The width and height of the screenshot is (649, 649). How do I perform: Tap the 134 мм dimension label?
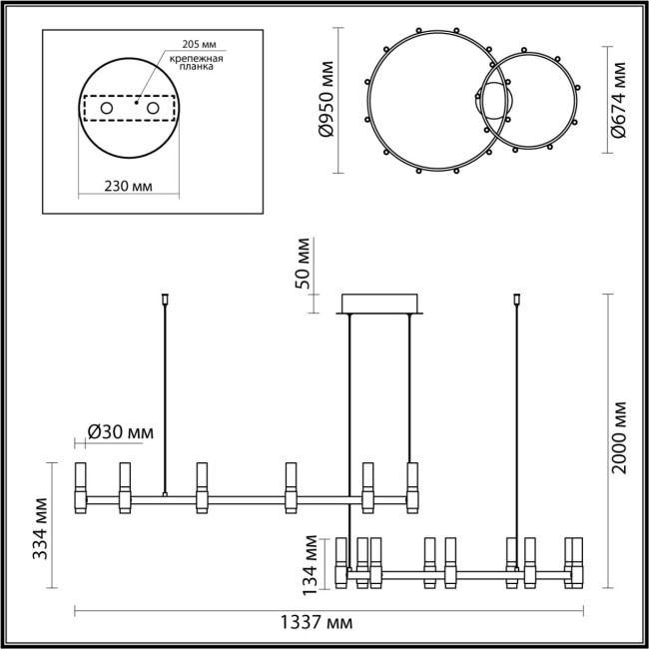[x=313, y=561]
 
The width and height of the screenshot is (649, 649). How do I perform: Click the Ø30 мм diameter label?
[x=119, y=431]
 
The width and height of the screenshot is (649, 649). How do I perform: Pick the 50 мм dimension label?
[x=304, y=265]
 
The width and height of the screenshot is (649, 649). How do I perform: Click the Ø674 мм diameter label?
[x=621, y=101]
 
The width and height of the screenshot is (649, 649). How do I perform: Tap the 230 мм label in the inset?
[x=127, y=186]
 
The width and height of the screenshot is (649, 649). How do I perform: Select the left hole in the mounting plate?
[x=107, y=107]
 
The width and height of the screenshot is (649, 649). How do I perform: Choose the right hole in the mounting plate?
[x=153, y=107]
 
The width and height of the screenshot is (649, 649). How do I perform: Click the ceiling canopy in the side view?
[x=381, y=303]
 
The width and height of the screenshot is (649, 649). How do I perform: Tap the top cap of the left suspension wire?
[x=165, y=298]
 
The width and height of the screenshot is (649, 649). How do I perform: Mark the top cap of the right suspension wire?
[x=517, y=298]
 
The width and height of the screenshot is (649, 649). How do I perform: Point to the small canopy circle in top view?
[x=496, y=104]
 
